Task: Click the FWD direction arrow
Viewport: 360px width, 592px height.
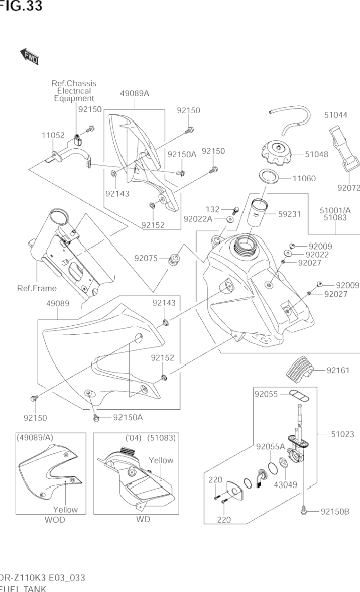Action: point(30,56)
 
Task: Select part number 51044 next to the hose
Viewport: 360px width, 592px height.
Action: point(335,115)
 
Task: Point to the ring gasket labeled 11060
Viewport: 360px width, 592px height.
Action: point(269,177)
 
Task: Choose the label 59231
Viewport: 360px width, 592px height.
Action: point(290,214)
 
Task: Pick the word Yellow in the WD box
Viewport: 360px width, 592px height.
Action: point(161,460)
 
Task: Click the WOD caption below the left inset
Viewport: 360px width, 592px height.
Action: point(55,520)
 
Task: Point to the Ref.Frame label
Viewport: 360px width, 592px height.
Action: point(37,288)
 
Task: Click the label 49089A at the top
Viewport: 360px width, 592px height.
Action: point(135,93)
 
